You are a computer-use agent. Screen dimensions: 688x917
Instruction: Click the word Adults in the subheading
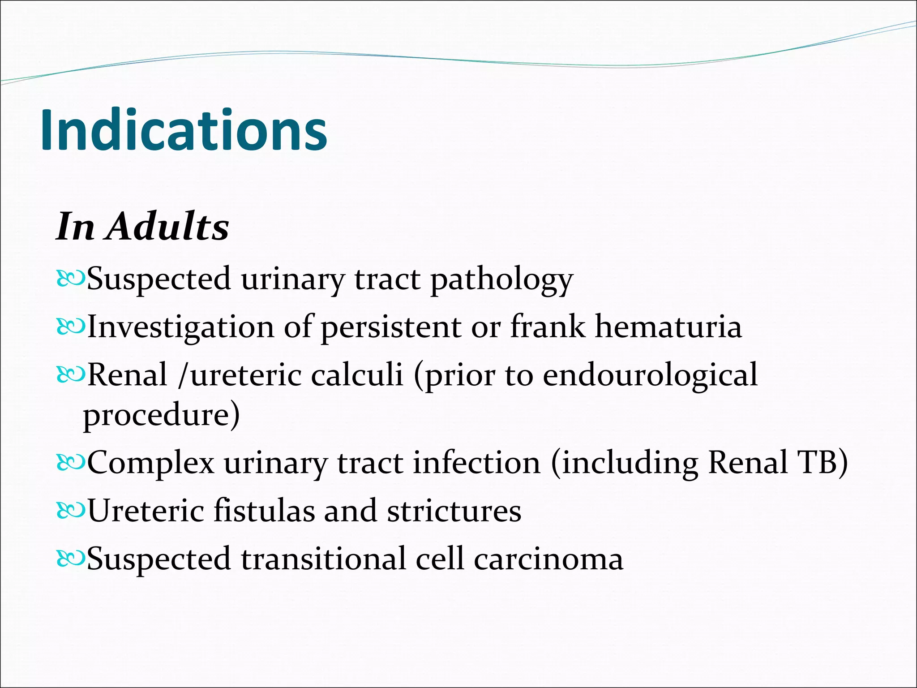[168, 227]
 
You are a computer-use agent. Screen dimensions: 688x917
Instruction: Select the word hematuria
[668, 327]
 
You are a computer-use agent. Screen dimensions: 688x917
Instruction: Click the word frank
[547, 327]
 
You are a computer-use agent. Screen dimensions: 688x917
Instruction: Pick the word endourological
[650, 375]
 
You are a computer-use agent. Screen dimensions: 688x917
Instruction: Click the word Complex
[150, 463]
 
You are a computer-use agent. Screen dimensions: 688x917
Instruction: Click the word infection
[476, 462]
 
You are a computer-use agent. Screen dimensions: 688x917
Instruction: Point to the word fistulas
[264, 511]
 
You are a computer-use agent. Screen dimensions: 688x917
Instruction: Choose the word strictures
[454, 511]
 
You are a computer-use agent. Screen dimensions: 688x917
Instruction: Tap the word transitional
[323, 559]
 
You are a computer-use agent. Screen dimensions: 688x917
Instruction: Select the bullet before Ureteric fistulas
[70, 511]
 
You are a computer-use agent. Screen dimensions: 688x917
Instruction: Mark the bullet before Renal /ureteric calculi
[70, 375]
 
